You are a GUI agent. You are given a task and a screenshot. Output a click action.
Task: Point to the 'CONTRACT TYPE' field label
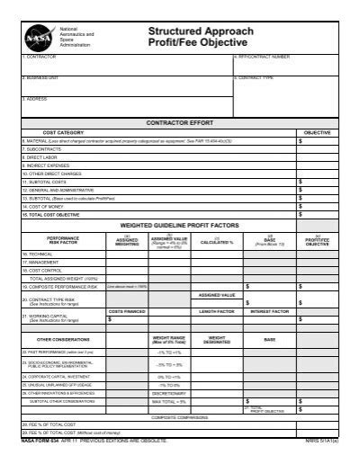[256, 78]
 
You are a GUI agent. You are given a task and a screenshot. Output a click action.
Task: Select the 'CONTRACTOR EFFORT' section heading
[179, 120]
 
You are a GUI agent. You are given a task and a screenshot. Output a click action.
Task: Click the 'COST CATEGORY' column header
[64, 132]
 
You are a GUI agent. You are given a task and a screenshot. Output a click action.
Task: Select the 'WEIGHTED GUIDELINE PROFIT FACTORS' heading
[179, 226]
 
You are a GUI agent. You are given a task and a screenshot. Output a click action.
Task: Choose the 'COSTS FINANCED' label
[128, 311]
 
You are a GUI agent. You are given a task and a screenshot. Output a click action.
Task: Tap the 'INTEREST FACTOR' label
[269, 311]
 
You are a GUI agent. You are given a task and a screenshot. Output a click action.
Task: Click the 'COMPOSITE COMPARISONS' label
[179, 416]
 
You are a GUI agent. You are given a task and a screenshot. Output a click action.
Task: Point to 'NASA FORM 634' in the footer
[41, 441]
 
